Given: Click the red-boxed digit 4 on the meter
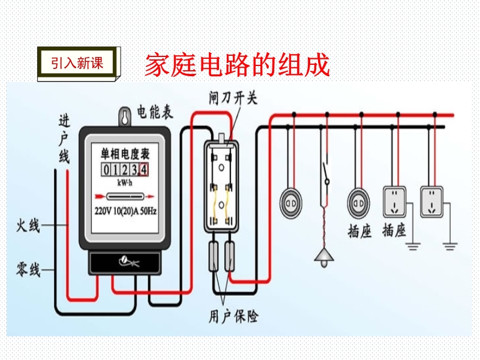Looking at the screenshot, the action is [144, 170].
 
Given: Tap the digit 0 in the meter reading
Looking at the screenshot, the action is [106, 170].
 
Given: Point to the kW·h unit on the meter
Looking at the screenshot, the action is [125, 183].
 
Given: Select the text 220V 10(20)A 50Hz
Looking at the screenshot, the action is [125, 211].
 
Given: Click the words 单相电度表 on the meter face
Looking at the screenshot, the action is [125, 154].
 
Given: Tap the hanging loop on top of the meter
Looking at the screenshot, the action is [125, 116].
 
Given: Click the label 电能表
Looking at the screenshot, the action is [155, 112].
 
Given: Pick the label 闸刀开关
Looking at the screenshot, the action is [233, 98].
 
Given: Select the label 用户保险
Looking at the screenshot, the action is [233, 317].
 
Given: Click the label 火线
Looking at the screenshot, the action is [28, 226].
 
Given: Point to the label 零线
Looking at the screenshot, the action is [28, 269].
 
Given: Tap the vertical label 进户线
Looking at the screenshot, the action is [64, 139].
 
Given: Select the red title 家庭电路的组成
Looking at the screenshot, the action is [237, 65].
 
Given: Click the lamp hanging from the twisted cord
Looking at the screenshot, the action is [324, 258].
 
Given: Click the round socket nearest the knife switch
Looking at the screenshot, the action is [291, 203].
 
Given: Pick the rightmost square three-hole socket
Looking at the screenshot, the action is [431, 202].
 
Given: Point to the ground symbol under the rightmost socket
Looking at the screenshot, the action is [449, 246].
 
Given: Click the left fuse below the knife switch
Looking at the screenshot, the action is [214, 257].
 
